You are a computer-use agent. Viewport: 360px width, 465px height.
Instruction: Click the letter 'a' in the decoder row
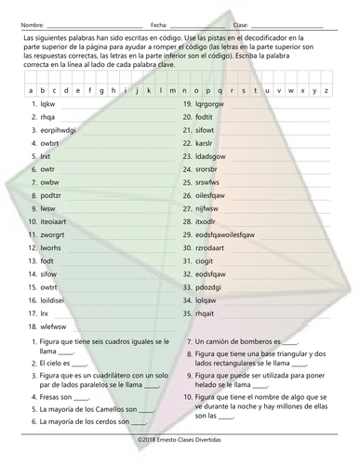(33, 91)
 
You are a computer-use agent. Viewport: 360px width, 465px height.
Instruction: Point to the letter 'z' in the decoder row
(327, 91)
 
